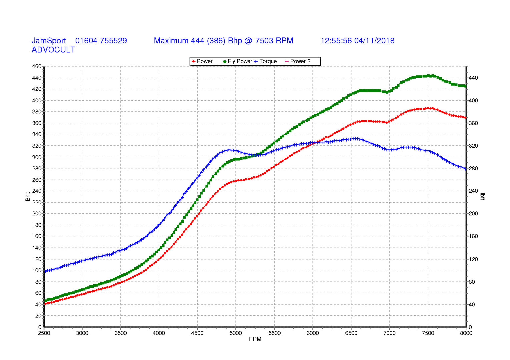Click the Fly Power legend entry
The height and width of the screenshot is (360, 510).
click(x=237, y=61)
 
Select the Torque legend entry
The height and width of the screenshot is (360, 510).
click(x=265, y=61)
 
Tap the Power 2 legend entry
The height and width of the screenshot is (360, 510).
click(x=298, y=61)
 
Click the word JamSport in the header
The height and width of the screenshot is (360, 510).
click(x=49, y=41)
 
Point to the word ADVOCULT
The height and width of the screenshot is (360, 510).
click(x=53, y=50)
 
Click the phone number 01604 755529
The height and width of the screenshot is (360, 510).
click(x=101, y=41)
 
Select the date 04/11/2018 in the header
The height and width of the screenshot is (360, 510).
click(x=374, y=41)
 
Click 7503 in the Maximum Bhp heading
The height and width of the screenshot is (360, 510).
click(x=264, y=41)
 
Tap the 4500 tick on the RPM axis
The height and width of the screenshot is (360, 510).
click(x=197, y=333)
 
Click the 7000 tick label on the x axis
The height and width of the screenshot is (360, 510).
click(x=389, y=333)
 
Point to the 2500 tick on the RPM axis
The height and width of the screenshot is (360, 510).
click(x=44, y=333)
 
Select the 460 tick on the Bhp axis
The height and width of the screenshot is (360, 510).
click(x=37, y=66)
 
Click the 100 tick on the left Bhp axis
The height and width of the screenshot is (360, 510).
click(x=37, y=270)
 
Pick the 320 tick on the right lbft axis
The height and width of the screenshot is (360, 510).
click(x=473, y=146)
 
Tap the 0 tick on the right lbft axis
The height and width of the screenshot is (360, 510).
click(x=470, y=327)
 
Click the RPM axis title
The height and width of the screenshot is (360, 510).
click(x=255, y=339)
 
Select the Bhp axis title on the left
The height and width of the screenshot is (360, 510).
click(x=28, y=196)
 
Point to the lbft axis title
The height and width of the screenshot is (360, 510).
click(x=482, y=196)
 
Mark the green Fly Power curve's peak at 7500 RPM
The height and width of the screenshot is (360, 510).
click(x=428, y=76)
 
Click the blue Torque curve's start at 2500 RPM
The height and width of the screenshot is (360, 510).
click(x=45, y=271)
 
